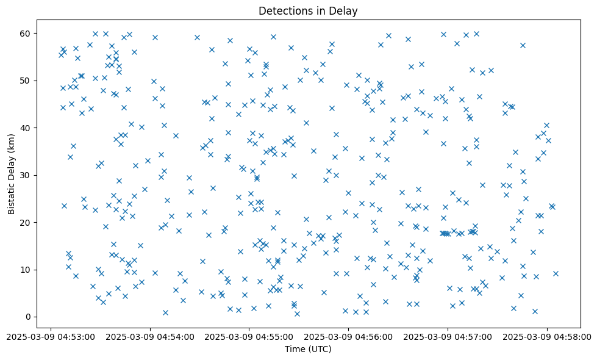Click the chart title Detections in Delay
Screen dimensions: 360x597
(x=308, y=10)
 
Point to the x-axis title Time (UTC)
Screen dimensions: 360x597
(x=308, y=349)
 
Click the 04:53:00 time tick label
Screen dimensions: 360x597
(x=51, y=336)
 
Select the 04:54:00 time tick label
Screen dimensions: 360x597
(x=150, y=336)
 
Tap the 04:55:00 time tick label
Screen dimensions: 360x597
(x=249, y=336)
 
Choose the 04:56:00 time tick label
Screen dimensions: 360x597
(x=349, y=336)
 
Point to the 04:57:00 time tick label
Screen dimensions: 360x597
(x=448, y=336)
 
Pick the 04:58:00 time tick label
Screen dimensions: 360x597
(x=548, y=336)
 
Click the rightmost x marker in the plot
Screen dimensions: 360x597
(x=556, y=273)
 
